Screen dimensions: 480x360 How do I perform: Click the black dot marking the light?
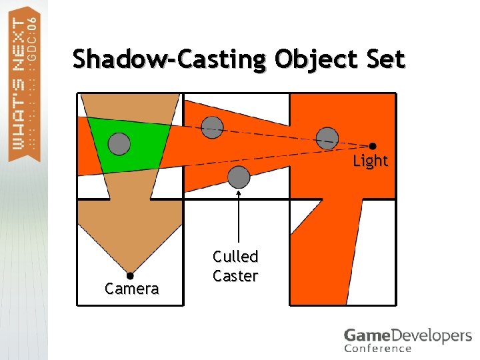[373, 146]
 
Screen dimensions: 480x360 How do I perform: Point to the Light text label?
[370, 161]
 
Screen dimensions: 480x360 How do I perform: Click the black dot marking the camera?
[130, 275]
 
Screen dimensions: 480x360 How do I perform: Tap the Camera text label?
[131, 289]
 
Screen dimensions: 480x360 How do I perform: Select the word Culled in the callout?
[235, 256]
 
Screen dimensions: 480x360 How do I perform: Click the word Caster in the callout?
[235, 275]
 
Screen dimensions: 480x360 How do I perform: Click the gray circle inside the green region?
[119, 143]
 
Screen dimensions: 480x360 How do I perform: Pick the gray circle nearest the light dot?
[327, 137]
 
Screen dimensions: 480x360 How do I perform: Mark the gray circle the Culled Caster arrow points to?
[239, 177]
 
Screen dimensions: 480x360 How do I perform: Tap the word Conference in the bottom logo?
[377, 348]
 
